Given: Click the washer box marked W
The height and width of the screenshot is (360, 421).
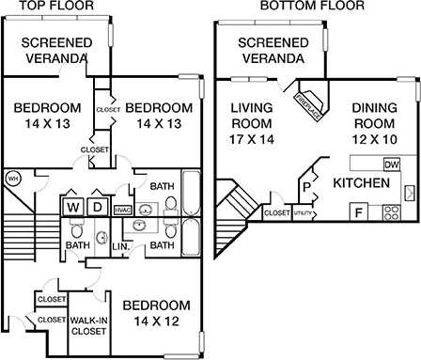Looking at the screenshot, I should tap(73, 206).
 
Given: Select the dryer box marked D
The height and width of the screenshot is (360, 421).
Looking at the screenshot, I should tap(97, 206).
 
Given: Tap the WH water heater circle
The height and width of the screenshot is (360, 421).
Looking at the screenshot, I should tap(13, 178).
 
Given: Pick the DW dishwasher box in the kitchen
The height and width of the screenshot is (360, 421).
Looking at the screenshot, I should tap(392, 164).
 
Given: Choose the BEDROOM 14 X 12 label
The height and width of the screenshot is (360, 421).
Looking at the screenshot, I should tap(157, 314).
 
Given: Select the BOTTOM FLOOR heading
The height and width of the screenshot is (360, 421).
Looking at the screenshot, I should tap(300, 6).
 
